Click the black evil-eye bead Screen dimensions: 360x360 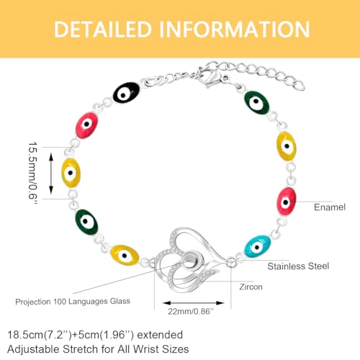click(126, 93)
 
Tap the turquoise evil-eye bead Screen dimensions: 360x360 click(258, 246)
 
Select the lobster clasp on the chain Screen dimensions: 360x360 click(209, 77)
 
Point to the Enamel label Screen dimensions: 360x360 click(330, 207)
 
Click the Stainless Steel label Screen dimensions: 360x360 click(298, 266)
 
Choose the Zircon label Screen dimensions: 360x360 click(251, 287)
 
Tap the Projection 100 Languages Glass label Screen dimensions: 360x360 click(73, 302)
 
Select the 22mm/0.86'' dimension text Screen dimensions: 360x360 click(191, 312)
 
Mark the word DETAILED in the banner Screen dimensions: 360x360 click(103, 30)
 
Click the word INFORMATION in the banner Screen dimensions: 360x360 click(235, 30)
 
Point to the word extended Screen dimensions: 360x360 click(160, 335)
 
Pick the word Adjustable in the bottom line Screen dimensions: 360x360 click(33, 349)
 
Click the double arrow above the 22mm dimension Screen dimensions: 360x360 click(193, 303)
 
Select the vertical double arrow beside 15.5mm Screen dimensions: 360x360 click(51, 173)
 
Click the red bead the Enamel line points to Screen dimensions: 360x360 click(287, 201)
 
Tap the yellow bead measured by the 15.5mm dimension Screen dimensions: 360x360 click(71, 173)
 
